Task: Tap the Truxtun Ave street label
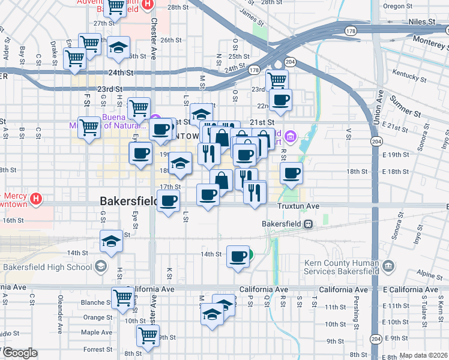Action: [298, 206]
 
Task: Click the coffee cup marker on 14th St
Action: [238, 257]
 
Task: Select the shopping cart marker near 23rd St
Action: [277, 80]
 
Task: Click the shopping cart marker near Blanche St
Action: [123, 297]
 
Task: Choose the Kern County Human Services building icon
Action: [388, 265]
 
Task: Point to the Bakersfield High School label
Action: [47, 266]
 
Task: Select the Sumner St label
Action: [403, 107]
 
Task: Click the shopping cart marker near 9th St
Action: [148, 337]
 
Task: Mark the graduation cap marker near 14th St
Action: [111, 241]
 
